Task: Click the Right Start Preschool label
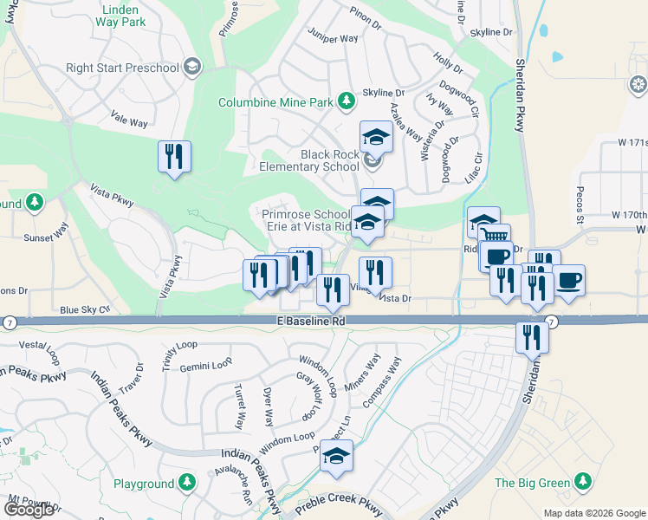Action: click(123, 67)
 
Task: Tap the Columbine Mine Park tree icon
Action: click(347, 101)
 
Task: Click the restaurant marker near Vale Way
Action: click(174, 157)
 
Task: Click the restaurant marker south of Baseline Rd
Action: click(532, 336)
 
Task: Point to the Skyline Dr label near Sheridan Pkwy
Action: click(492, 32)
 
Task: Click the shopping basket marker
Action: click(494, 237)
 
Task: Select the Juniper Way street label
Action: click(333, 39)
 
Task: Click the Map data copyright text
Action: click(594, 512)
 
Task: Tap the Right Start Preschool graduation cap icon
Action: click(191, 67)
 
